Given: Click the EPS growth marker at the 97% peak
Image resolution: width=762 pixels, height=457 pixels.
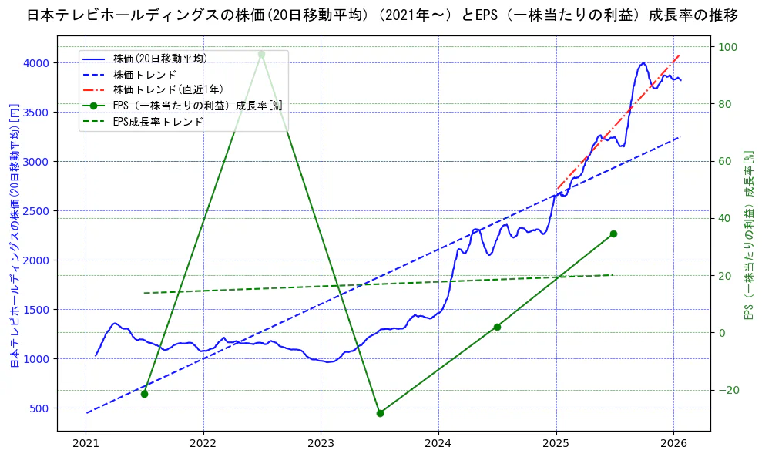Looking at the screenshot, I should (261, 54).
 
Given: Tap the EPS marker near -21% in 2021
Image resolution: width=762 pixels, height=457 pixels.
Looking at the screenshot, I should (144, 394).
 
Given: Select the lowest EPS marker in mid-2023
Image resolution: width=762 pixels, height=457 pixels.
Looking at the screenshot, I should (380, 413).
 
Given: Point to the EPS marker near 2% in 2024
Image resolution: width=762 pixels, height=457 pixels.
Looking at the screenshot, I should (497, 327).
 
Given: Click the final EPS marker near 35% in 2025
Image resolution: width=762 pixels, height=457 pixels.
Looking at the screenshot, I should (613, 234).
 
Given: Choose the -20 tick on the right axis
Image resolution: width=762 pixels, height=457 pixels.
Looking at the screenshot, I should (728, 390).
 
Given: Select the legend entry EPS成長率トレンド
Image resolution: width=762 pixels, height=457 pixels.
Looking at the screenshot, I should (158, 121).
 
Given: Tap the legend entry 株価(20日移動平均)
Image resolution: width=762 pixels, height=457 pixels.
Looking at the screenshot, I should (159, 58).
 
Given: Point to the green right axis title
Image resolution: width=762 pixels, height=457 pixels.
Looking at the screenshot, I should (747, 234).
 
